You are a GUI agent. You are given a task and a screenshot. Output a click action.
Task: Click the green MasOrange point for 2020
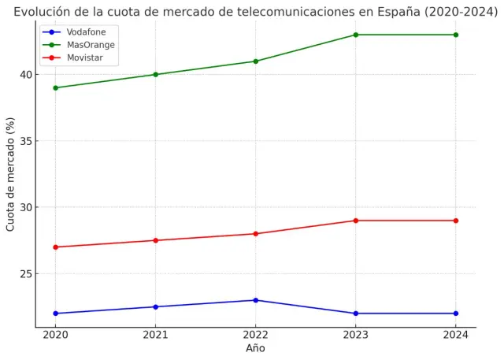[x=55, y=87]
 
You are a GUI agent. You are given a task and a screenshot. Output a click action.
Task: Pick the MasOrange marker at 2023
[x=355, y=35]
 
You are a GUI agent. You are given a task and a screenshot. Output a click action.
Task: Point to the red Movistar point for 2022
[x=255, y=234]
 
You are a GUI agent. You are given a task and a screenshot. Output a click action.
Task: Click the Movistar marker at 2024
[x=455, y=221]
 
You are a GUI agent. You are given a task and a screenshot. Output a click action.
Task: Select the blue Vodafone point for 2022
[x=255, y=300]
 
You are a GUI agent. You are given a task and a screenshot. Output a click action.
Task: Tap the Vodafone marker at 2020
[x=55, y=314]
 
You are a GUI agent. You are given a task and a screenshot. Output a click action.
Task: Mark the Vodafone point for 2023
[x=355, y=314]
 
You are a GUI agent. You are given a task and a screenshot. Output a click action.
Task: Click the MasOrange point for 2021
[x=155, y=75]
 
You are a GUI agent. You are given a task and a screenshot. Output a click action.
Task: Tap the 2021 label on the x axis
[x=155, y=335]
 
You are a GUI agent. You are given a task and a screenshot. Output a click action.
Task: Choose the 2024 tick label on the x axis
[x=455, y=335]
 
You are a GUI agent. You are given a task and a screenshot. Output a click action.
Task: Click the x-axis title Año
[x=255, y=348]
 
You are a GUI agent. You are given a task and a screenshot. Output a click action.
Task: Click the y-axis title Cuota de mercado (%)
[x=10, y=174]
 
